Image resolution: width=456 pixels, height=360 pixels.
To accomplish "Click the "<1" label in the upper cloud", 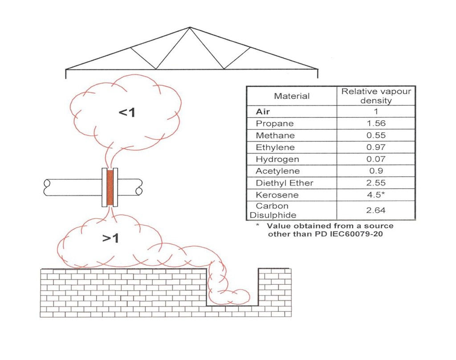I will [126, 113].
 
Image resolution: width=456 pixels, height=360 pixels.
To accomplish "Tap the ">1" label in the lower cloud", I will [110, 239].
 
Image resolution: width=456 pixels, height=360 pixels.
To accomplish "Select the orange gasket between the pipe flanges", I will [110, 187].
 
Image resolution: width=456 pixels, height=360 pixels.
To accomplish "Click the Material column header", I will [292, 96].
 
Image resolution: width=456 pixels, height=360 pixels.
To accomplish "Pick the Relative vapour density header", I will [376, 96].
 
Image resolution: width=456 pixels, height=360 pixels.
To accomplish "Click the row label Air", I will [263, 112].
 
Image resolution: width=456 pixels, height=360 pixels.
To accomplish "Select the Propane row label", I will [274, 124].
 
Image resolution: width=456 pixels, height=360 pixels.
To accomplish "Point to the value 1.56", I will [376, 124].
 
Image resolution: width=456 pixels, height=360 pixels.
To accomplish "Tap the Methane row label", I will [275, 136].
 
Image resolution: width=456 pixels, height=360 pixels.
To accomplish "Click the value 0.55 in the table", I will [376, 136].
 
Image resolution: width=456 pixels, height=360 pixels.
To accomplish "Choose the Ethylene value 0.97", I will [376, 147].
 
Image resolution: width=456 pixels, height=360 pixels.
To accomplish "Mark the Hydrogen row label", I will [277, 159].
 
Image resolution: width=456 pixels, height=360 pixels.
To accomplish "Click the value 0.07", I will [376, 159].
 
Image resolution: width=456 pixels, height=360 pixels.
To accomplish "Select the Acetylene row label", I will [277, 171].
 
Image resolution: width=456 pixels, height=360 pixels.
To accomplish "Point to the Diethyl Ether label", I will [285, 183].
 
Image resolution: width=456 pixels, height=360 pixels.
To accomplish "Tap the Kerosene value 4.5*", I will [377, 195].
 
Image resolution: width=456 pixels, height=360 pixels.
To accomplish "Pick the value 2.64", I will [376, 210].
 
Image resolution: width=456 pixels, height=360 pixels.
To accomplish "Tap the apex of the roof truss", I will [190, 28].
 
